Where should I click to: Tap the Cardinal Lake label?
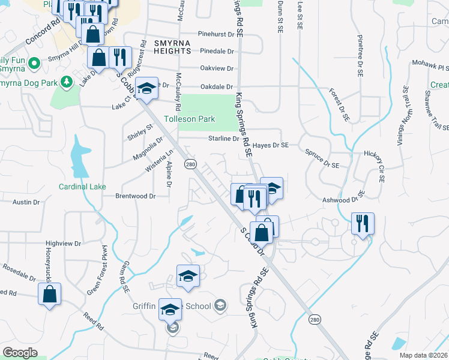(x=82, y=187)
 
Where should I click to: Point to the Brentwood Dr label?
(x=136, y=196)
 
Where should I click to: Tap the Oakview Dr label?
(x=217, y=68)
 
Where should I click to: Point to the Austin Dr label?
(x=26, y=202)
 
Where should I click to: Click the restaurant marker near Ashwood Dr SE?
(x=363, y=223)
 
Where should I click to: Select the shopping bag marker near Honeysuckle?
(x=49, y=294)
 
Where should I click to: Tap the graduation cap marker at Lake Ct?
(x=146, y=88)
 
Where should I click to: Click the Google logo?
(x=20, y=353)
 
